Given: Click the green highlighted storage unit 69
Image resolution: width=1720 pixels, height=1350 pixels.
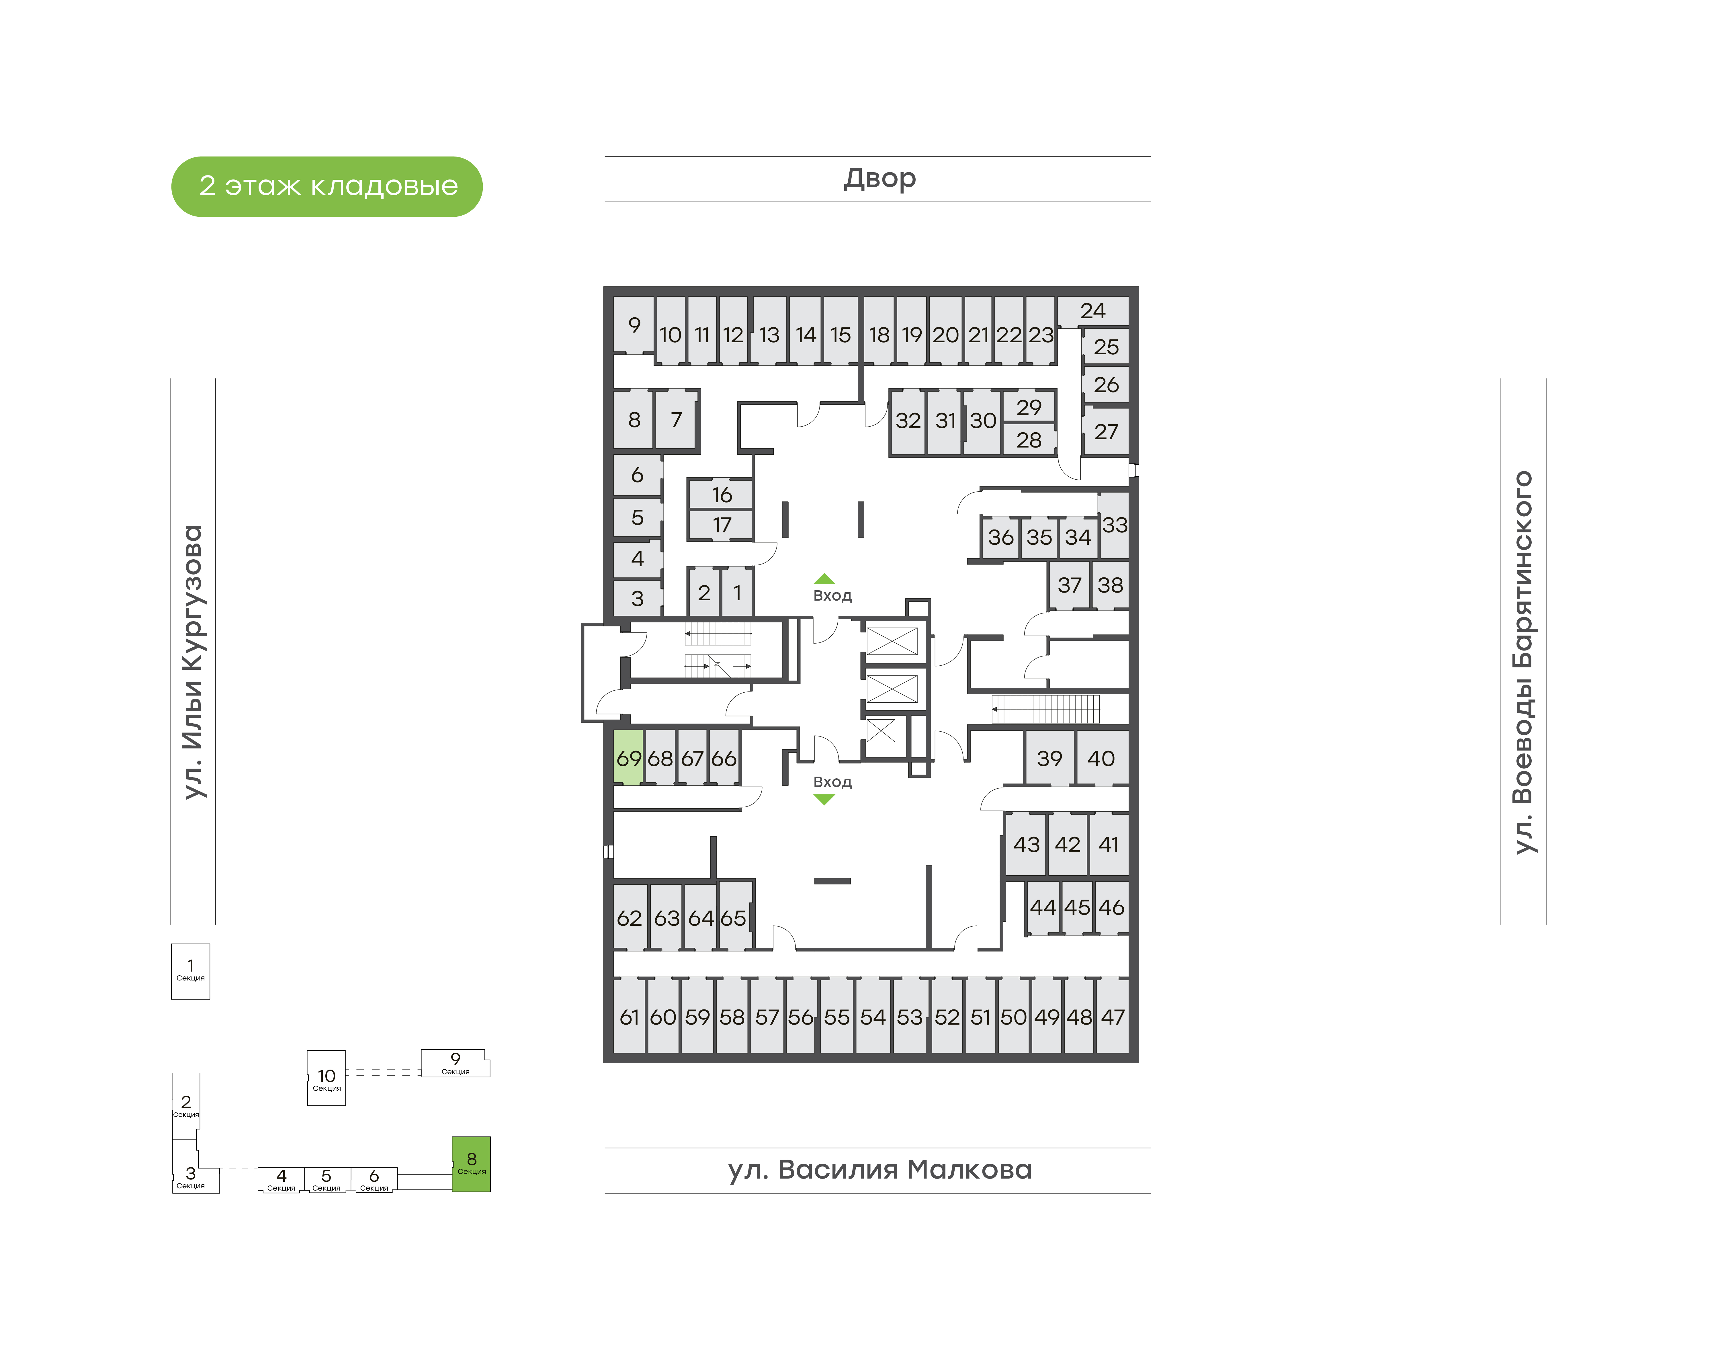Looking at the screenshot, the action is tap(628, 757).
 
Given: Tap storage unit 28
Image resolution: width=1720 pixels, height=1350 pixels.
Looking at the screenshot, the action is tap(1028, 439).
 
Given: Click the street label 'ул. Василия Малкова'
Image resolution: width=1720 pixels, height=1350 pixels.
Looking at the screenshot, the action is tap(880, 1169).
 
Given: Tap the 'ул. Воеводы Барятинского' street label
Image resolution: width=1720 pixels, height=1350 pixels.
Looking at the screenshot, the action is tap(1522, 662).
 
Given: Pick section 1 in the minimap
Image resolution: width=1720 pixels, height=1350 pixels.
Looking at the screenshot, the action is tap(191, 971).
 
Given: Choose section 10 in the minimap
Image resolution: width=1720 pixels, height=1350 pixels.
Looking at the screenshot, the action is tap(327, 1077).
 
